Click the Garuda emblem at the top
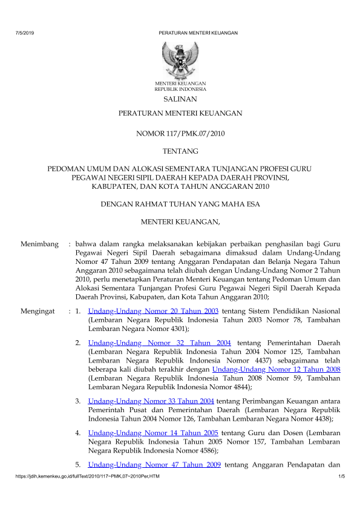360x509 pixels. [180, 59]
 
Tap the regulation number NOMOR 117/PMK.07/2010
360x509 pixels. [180, 132]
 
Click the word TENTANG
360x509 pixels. [180, 151]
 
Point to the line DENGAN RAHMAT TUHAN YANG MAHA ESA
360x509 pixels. [180, 205]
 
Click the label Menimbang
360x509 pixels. [38, 244]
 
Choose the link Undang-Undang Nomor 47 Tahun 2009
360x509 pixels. [154, 465]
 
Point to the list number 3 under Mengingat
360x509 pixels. [77, 401]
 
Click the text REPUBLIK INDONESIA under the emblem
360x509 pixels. [180, 88]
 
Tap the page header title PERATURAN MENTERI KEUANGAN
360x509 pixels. [197, 33]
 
